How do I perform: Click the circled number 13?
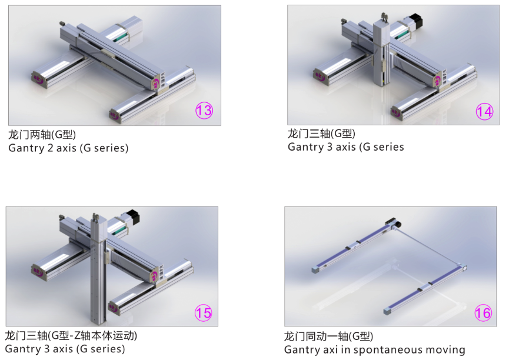(x=204, y=111)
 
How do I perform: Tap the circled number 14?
(x=484, y=112)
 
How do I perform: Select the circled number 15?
(x=203, y=312)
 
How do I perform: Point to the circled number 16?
(x=483, y=313)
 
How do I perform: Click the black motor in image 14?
(x=416, y=21)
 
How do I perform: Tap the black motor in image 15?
(x=133, y=216)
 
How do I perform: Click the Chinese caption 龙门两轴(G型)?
(x=42, y=134)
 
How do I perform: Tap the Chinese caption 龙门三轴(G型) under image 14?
(x=321, y=133)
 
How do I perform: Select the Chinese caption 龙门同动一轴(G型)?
(x=328, y=336)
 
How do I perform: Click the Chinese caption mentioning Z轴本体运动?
(x=71, y=335)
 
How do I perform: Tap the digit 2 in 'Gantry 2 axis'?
(x=51, y=148)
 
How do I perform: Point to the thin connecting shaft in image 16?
(x=428, y=247)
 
